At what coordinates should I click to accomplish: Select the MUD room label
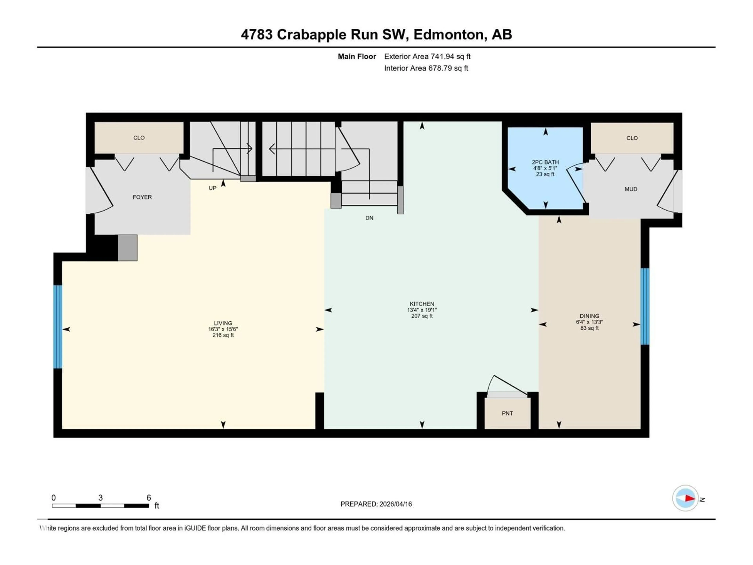coord(630,189)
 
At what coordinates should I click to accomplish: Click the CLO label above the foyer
coord(139,138)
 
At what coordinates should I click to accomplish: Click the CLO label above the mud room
coord(632,138)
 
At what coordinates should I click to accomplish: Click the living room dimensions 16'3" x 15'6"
coord(223,329)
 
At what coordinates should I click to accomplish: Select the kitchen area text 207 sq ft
coord(422,316)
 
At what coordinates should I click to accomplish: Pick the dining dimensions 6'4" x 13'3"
coord(589,322)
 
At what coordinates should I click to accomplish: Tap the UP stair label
coord(212,188)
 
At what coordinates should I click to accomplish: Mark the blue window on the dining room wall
coord(645,306)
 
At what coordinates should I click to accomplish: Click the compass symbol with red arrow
coord(685,498)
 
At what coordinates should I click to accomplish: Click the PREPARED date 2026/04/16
coord(376,504)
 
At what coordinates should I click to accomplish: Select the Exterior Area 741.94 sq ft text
coord(427,56)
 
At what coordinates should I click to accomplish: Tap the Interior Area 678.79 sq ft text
coord(426,68)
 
